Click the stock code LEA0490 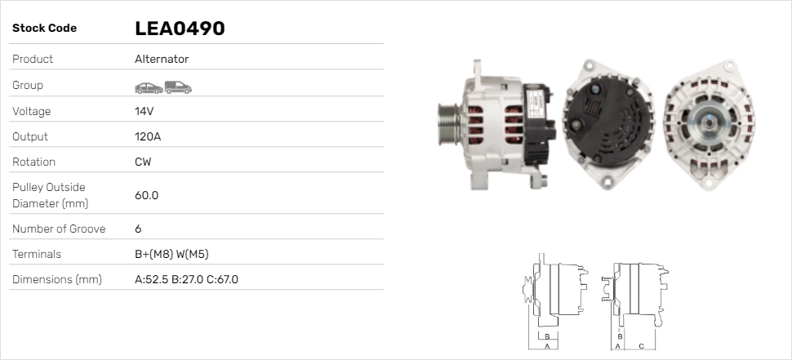(179, 29)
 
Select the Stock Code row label (44, 29)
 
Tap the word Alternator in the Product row (161, 60)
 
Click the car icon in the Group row (148, 87)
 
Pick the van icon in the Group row (177, 87)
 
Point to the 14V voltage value (145, 111)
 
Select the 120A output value (147, 136)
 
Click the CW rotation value (143, 162)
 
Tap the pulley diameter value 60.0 (146, 195)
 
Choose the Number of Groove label (59, 229)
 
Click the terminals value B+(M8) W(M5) (176, 254)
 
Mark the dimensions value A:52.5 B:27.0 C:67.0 (186, 279)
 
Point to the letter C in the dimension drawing (641, 346)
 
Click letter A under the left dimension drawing (547, 346)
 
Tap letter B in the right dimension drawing (620, 336)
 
